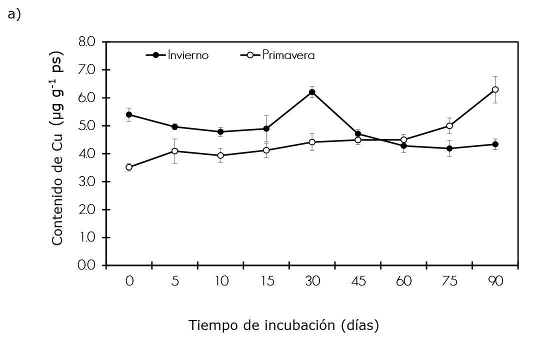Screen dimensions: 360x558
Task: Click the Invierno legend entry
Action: click(177, 55)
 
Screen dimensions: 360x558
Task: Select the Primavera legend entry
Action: click(278, 55)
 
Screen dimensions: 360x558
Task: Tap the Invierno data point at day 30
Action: click(312, 92)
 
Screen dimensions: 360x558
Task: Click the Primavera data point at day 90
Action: click(495, 89)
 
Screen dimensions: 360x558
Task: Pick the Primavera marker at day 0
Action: click(129, 167)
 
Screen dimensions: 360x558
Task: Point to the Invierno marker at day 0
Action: click(129, 114)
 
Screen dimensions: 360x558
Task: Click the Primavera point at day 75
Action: click(449, 126)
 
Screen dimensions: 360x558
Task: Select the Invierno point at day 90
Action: click(495, 144)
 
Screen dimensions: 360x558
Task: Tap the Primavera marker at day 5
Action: click(174, 151)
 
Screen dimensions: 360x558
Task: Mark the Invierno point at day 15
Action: click(266, 128)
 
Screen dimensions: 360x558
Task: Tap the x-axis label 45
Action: click(358, 281)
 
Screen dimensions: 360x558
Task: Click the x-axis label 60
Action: click(403, 281)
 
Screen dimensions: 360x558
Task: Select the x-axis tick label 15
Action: click(266, 281)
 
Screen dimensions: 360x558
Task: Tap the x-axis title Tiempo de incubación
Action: click(283, 325)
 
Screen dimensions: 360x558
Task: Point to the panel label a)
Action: click(14, 14)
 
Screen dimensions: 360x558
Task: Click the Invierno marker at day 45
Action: click(358, 134)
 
